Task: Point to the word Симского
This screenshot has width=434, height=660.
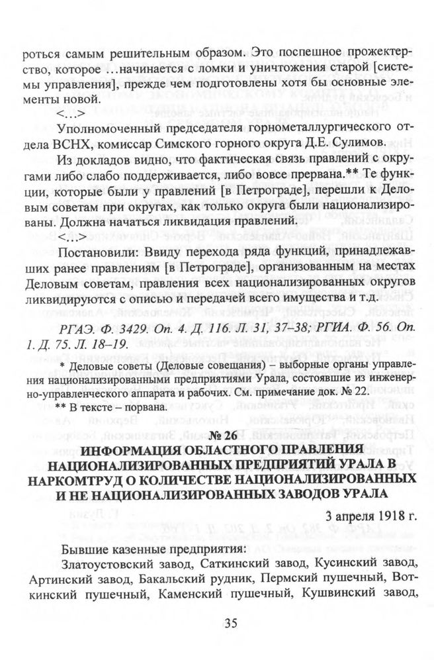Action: click(177, 142)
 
